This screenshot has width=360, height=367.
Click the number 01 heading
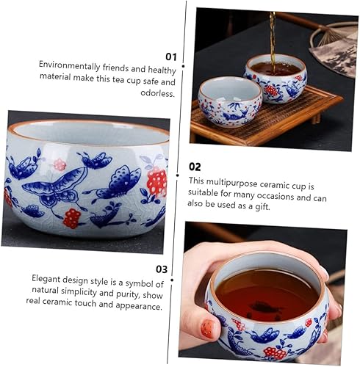pyautogui.click(x=171, y=57)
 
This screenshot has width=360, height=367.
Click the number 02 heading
pyautogui.click(x=195, y=167)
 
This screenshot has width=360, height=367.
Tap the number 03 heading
pyautogui.click(x=162, y=269)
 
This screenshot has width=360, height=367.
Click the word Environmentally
pyautogui.click(x=70, y=65)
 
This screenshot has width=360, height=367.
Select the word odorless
pyautogui.click(x=158, y=93)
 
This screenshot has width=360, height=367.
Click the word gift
pyautogui.click(x=262, y=207)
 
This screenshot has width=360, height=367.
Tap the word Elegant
pyautogui.click(x=46, y=279)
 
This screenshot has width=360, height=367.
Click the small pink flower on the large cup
pyautogui.click(x=60, y=164)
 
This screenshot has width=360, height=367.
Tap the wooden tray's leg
pyautogui.click(x=316, y=118)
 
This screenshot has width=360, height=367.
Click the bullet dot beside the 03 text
pyautogui.click(x=172, y=280)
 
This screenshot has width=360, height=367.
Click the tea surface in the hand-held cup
pyautogui.click(x=267, y=295)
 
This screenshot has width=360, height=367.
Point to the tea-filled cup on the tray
pyautogui.click(x=276, y=79)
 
